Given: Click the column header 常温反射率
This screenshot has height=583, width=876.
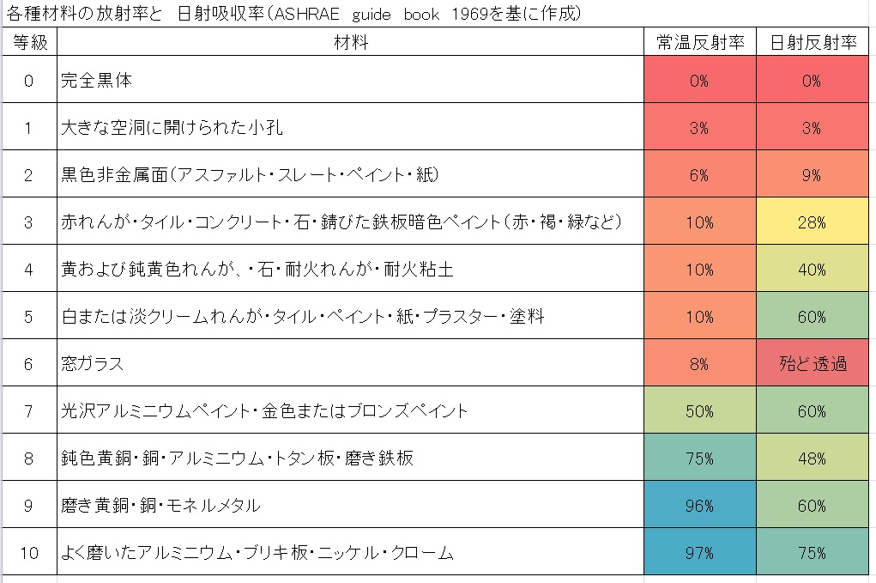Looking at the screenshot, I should coord(699,43).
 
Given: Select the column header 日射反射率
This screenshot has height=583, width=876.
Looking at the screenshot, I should coord(813,43).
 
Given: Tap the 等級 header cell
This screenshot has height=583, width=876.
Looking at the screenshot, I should coord(29,43).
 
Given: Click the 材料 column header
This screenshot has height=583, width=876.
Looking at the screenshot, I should coord(350,43).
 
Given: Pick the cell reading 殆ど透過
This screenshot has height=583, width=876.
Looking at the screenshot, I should coord(813,364).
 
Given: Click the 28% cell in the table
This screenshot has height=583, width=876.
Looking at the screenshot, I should coord(813,222).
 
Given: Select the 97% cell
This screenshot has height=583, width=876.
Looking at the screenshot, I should coord(699,553).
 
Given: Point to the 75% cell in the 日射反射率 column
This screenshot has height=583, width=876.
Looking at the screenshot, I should coord(813,553).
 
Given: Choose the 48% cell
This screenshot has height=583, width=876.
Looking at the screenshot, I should coord(813,459).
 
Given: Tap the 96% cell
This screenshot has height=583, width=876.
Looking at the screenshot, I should coord(699,506).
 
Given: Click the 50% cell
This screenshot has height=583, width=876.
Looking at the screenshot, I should coord(699,411).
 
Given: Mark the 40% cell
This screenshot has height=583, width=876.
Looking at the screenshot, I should coord(813,270).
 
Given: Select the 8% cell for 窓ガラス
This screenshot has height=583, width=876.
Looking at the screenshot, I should coord(699,364).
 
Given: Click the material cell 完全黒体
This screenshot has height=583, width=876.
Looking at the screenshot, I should coord(97,81).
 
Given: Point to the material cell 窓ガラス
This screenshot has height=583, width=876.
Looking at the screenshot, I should coord(93,364).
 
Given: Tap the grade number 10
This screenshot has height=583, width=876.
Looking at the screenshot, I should coord(29,553).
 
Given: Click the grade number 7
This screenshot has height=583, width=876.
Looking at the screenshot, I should coord(29,411).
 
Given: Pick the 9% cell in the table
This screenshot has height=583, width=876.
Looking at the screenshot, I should coord(813,175).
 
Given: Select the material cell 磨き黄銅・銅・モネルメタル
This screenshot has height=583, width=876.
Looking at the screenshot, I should coord(161,506).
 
